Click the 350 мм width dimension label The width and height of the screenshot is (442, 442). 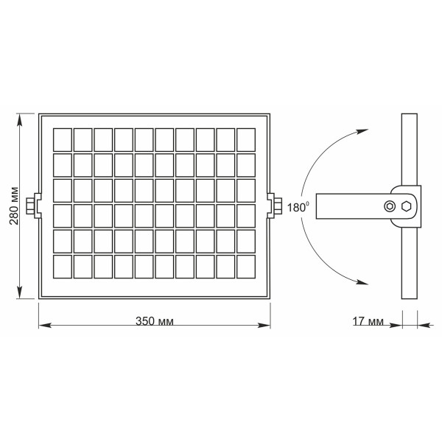155,322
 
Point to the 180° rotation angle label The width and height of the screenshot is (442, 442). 298,207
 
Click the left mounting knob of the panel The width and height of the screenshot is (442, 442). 32,206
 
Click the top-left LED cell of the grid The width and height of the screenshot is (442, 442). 63,138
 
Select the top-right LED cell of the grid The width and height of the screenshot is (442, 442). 246,138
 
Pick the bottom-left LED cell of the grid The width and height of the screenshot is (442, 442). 63,265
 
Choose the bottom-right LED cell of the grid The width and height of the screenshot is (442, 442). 246,265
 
